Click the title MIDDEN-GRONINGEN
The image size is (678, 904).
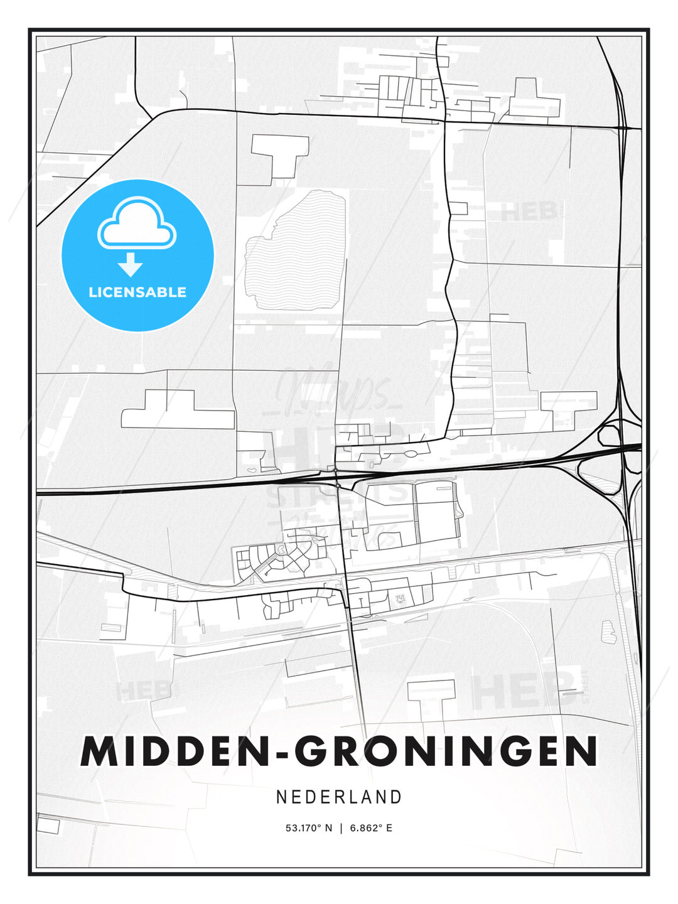coord(339,751)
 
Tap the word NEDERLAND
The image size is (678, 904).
coord(339,797)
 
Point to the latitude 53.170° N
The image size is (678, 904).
coord(308,828)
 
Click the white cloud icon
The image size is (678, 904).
coord(137,224)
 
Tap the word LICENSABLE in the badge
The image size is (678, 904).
coord(137,292)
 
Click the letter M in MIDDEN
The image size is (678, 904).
coord(101,751)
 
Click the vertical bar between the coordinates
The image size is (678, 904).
coord(341,828)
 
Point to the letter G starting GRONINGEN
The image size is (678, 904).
coord(311,751)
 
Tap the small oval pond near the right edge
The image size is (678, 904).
coord(608,632)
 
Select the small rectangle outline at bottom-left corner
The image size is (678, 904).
coord(48,823)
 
